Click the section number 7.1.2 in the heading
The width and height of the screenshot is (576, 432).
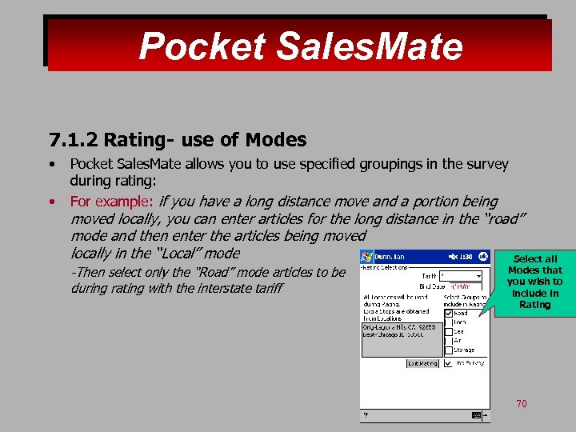coord(74,140)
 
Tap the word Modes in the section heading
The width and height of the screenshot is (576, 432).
coord(275,140)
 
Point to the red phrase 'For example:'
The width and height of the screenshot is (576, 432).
coord(112,202)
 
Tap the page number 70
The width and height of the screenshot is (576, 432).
coord(521,403)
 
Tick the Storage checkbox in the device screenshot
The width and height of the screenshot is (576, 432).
coord(448,350)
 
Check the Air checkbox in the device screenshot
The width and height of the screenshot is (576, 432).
coord(448,341)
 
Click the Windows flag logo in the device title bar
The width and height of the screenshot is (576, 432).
coord(367,257)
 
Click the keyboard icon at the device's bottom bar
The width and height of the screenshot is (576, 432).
coord(477,415)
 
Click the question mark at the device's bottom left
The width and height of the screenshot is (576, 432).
coord(366,415)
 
